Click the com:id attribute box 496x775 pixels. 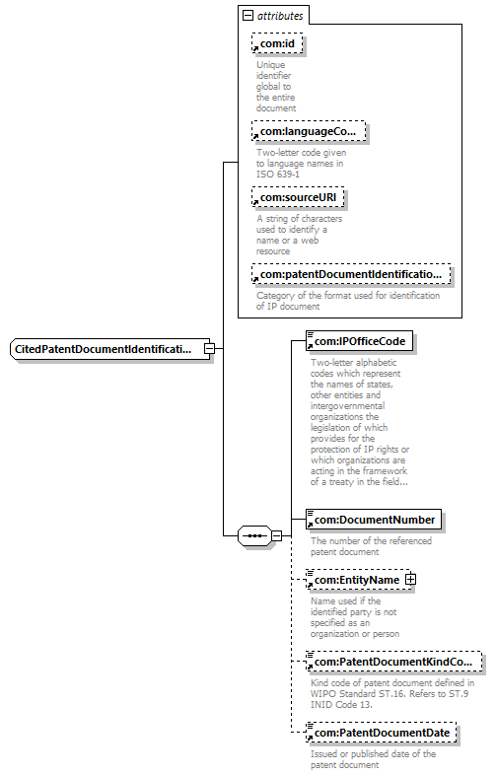277,43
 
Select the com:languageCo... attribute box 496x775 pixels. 309,131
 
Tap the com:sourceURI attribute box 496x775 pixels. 298,198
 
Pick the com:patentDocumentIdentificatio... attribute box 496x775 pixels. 351,274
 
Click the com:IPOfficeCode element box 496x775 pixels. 360,341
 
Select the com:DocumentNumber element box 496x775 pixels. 374,520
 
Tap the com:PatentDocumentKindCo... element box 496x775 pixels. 393,662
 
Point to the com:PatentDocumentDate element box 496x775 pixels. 381,733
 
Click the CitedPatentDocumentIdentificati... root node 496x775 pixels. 109,349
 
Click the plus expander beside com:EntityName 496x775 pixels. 410,579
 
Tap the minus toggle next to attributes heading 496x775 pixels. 248,16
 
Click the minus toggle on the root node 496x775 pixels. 210,348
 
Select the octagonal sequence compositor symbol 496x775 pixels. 254,535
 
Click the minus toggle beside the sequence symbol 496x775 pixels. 277,535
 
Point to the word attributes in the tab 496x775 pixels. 280,16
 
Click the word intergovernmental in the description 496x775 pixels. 347,406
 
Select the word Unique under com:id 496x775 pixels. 270,65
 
